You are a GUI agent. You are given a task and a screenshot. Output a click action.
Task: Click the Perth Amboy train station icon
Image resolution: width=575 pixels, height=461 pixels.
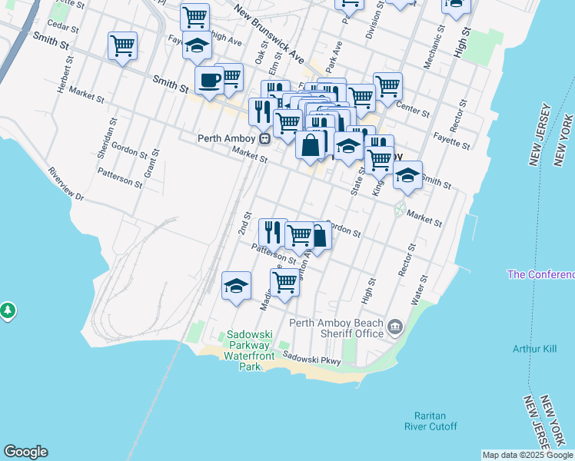point(264,139)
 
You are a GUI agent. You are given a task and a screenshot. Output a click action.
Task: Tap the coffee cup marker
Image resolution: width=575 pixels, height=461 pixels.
point(208,80)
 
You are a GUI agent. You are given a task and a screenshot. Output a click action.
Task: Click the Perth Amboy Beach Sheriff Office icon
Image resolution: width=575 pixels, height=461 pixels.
point(395,327)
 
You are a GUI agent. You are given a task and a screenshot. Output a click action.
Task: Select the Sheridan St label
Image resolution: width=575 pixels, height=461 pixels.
point(108,138)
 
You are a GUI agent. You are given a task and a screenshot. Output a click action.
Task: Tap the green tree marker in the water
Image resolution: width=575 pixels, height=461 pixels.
point(8,310)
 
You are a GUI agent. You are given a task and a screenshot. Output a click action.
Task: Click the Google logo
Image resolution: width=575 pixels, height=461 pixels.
point(25,452)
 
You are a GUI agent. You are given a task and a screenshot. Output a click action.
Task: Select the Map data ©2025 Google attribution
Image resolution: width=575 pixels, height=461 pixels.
point(527,455)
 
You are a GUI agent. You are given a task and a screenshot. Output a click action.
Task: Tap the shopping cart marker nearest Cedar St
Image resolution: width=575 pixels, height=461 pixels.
point(122,46)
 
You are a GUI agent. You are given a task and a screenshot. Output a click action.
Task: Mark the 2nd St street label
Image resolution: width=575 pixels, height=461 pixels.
point(244,224)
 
